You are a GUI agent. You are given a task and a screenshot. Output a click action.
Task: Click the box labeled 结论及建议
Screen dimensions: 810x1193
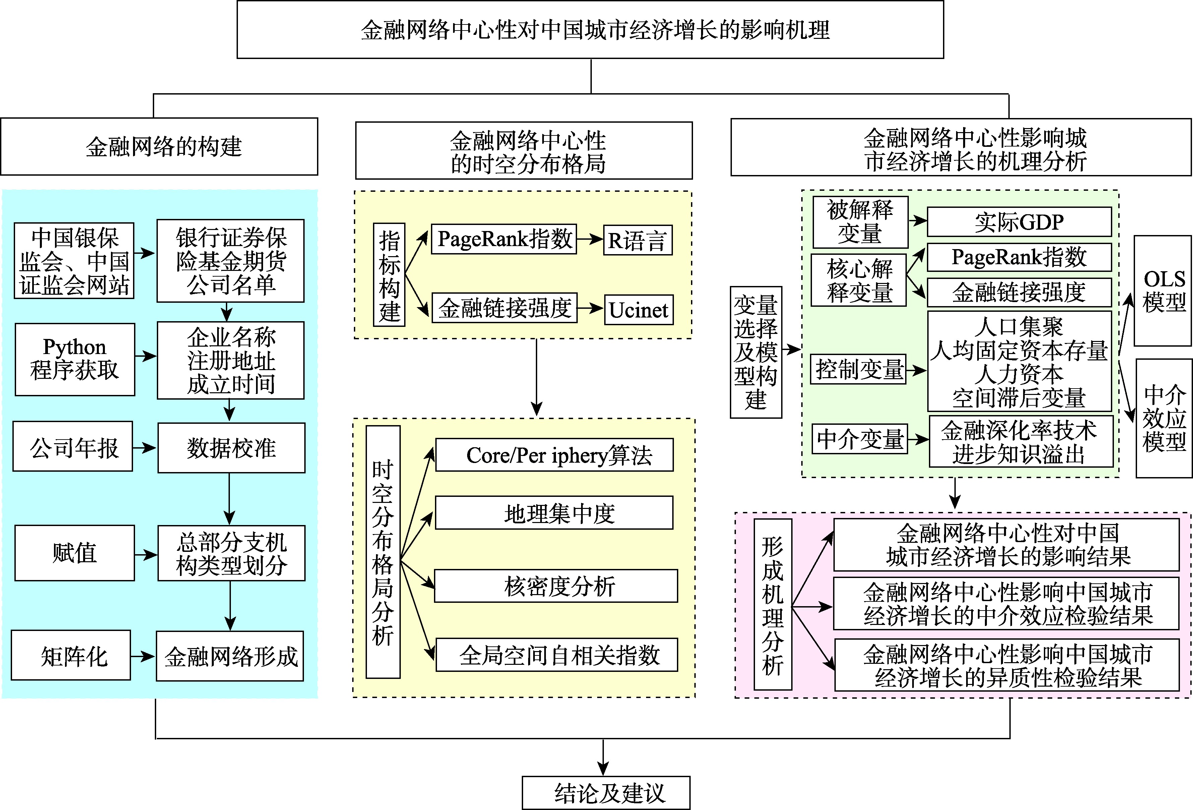[x=606, y=793]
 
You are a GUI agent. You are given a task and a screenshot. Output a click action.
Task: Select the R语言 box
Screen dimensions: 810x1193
[x=637, y=240]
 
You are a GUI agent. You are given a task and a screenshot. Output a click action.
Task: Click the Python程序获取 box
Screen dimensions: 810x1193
[x=75, y=359]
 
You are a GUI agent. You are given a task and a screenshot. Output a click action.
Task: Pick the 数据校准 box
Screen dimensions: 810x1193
[x=231, y=447]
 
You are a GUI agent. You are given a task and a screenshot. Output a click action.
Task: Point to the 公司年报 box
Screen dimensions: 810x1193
[x=73, y=446]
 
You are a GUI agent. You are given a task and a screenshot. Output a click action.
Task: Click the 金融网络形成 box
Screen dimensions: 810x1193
[x=230, y=656]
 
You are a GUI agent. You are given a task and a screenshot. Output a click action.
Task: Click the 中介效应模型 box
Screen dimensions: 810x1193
[x=1164, y=418]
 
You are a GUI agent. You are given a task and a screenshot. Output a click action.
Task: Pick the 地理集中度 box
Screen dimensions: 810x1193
[x=554, y=513]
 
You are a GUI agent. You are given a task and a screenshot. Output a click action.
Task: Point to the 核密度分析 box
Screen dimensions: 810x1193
[x=556, y=586]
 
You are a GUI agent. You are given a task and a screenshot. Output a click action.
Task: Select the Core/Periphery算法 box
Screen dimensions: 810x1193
[x=554, y=455]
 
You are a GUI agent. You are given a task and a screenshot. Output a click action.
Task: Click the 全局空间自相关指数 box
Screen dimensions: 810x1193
[x=557, y=654]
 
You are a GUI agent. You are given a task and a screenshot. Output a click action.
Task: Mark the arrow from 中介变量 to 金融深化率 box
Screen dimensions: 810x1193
[x=918, y=439]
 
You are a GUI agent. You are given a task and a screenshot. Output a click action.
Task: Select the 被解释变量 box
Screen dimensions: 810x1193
[x=860, y=222]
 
